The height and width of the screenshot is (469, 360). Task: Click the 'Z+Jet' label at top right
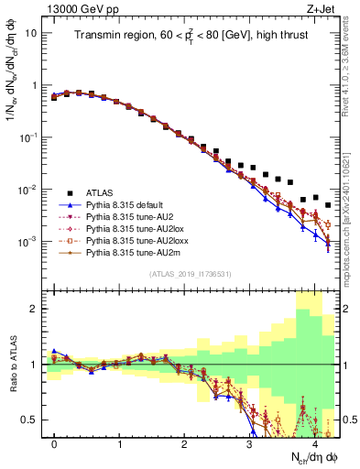[322, 8]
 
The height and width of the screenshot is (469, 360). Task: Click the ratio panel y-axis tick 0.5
[31, 420]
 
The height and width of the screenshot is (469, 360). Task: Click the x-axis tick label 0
[54, 444]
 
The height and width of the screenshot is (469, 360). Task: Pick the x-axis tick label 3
[249, 444]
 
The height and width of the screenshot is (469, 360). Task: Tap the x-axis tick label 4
[314, 444]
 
